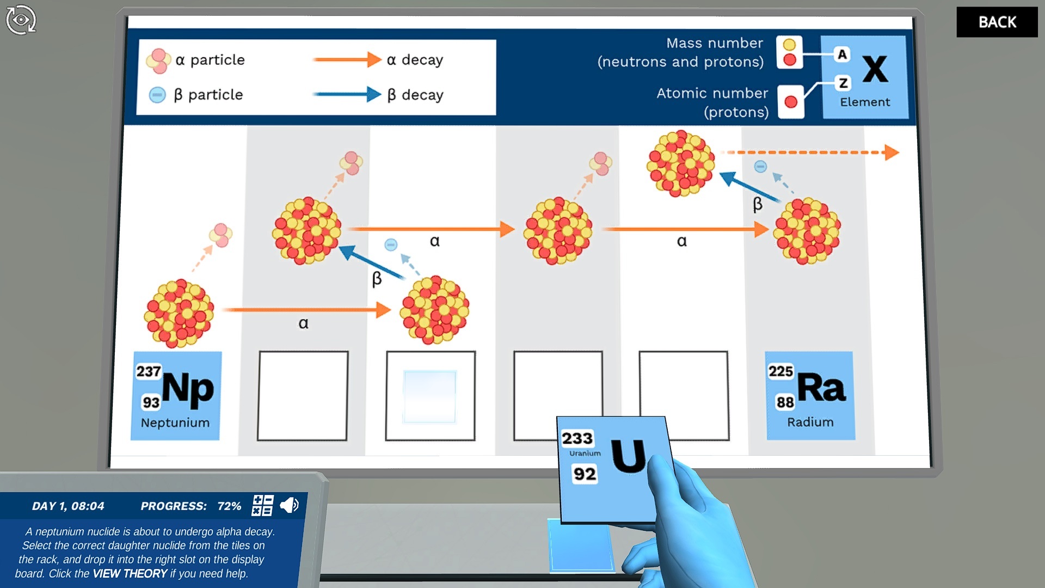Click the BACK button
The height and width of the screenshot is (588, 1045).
tap(997, 22)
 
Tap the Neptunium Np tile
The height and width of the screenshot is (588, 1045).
tap(175, 396)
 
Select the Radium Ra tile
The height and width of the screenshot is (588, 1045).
tap(810, 396)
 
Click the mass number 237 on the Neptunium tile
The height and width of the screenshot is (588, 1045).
tap(149, 371)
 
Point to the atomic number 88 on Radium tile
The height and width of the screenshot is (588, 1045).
tap(785, 402)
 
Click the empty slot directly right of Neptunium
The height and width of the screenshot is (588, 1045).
tap(303, 396)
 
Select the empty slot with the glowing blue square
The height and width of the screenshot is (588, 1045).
tap(430, 396)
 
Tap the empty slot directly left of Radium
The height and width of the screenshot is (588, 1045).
tap(684, 396)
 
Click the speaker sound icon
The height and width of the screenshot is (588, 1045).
tap(289, 505)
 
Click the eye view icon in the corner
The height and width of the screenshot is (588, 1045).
tap(21, 20)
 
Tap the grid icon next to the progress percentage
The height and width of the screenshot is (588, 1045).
tap(262, 505)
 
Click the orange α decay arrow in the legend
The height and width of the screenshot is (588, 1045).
tap(347, 59)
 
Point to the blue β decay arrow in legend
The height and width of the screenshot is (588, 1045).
tap(347, 94)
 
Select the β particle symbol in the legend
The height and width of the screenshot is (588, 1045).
tap(157, 95)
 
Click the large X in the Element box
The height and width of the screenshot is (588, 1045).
tap(875, 69)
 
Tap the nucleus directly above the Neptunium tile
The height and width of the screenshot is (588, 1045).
tap(179, 313)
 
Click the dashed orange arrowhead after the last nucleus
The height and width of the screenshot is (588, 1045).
tap(891, 152)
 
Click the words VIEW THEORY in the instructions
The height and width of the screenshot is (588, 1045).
tap(130, 573)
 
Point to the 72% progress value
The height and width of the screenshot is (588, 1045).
tap(229, 506)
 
